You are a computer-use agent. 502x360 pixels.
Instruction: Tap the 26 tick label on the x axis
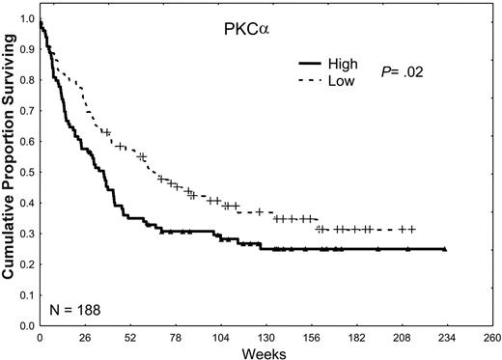tap(84, 338)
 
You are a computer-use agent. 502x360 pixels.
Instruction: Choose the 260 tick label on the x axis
tap(489, 338)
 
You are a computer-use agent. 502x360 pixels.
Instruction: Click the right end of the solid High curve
tap(444, 249)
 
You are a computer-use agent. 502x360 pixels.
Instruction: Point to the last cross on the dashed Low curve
tap(412, 229)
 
